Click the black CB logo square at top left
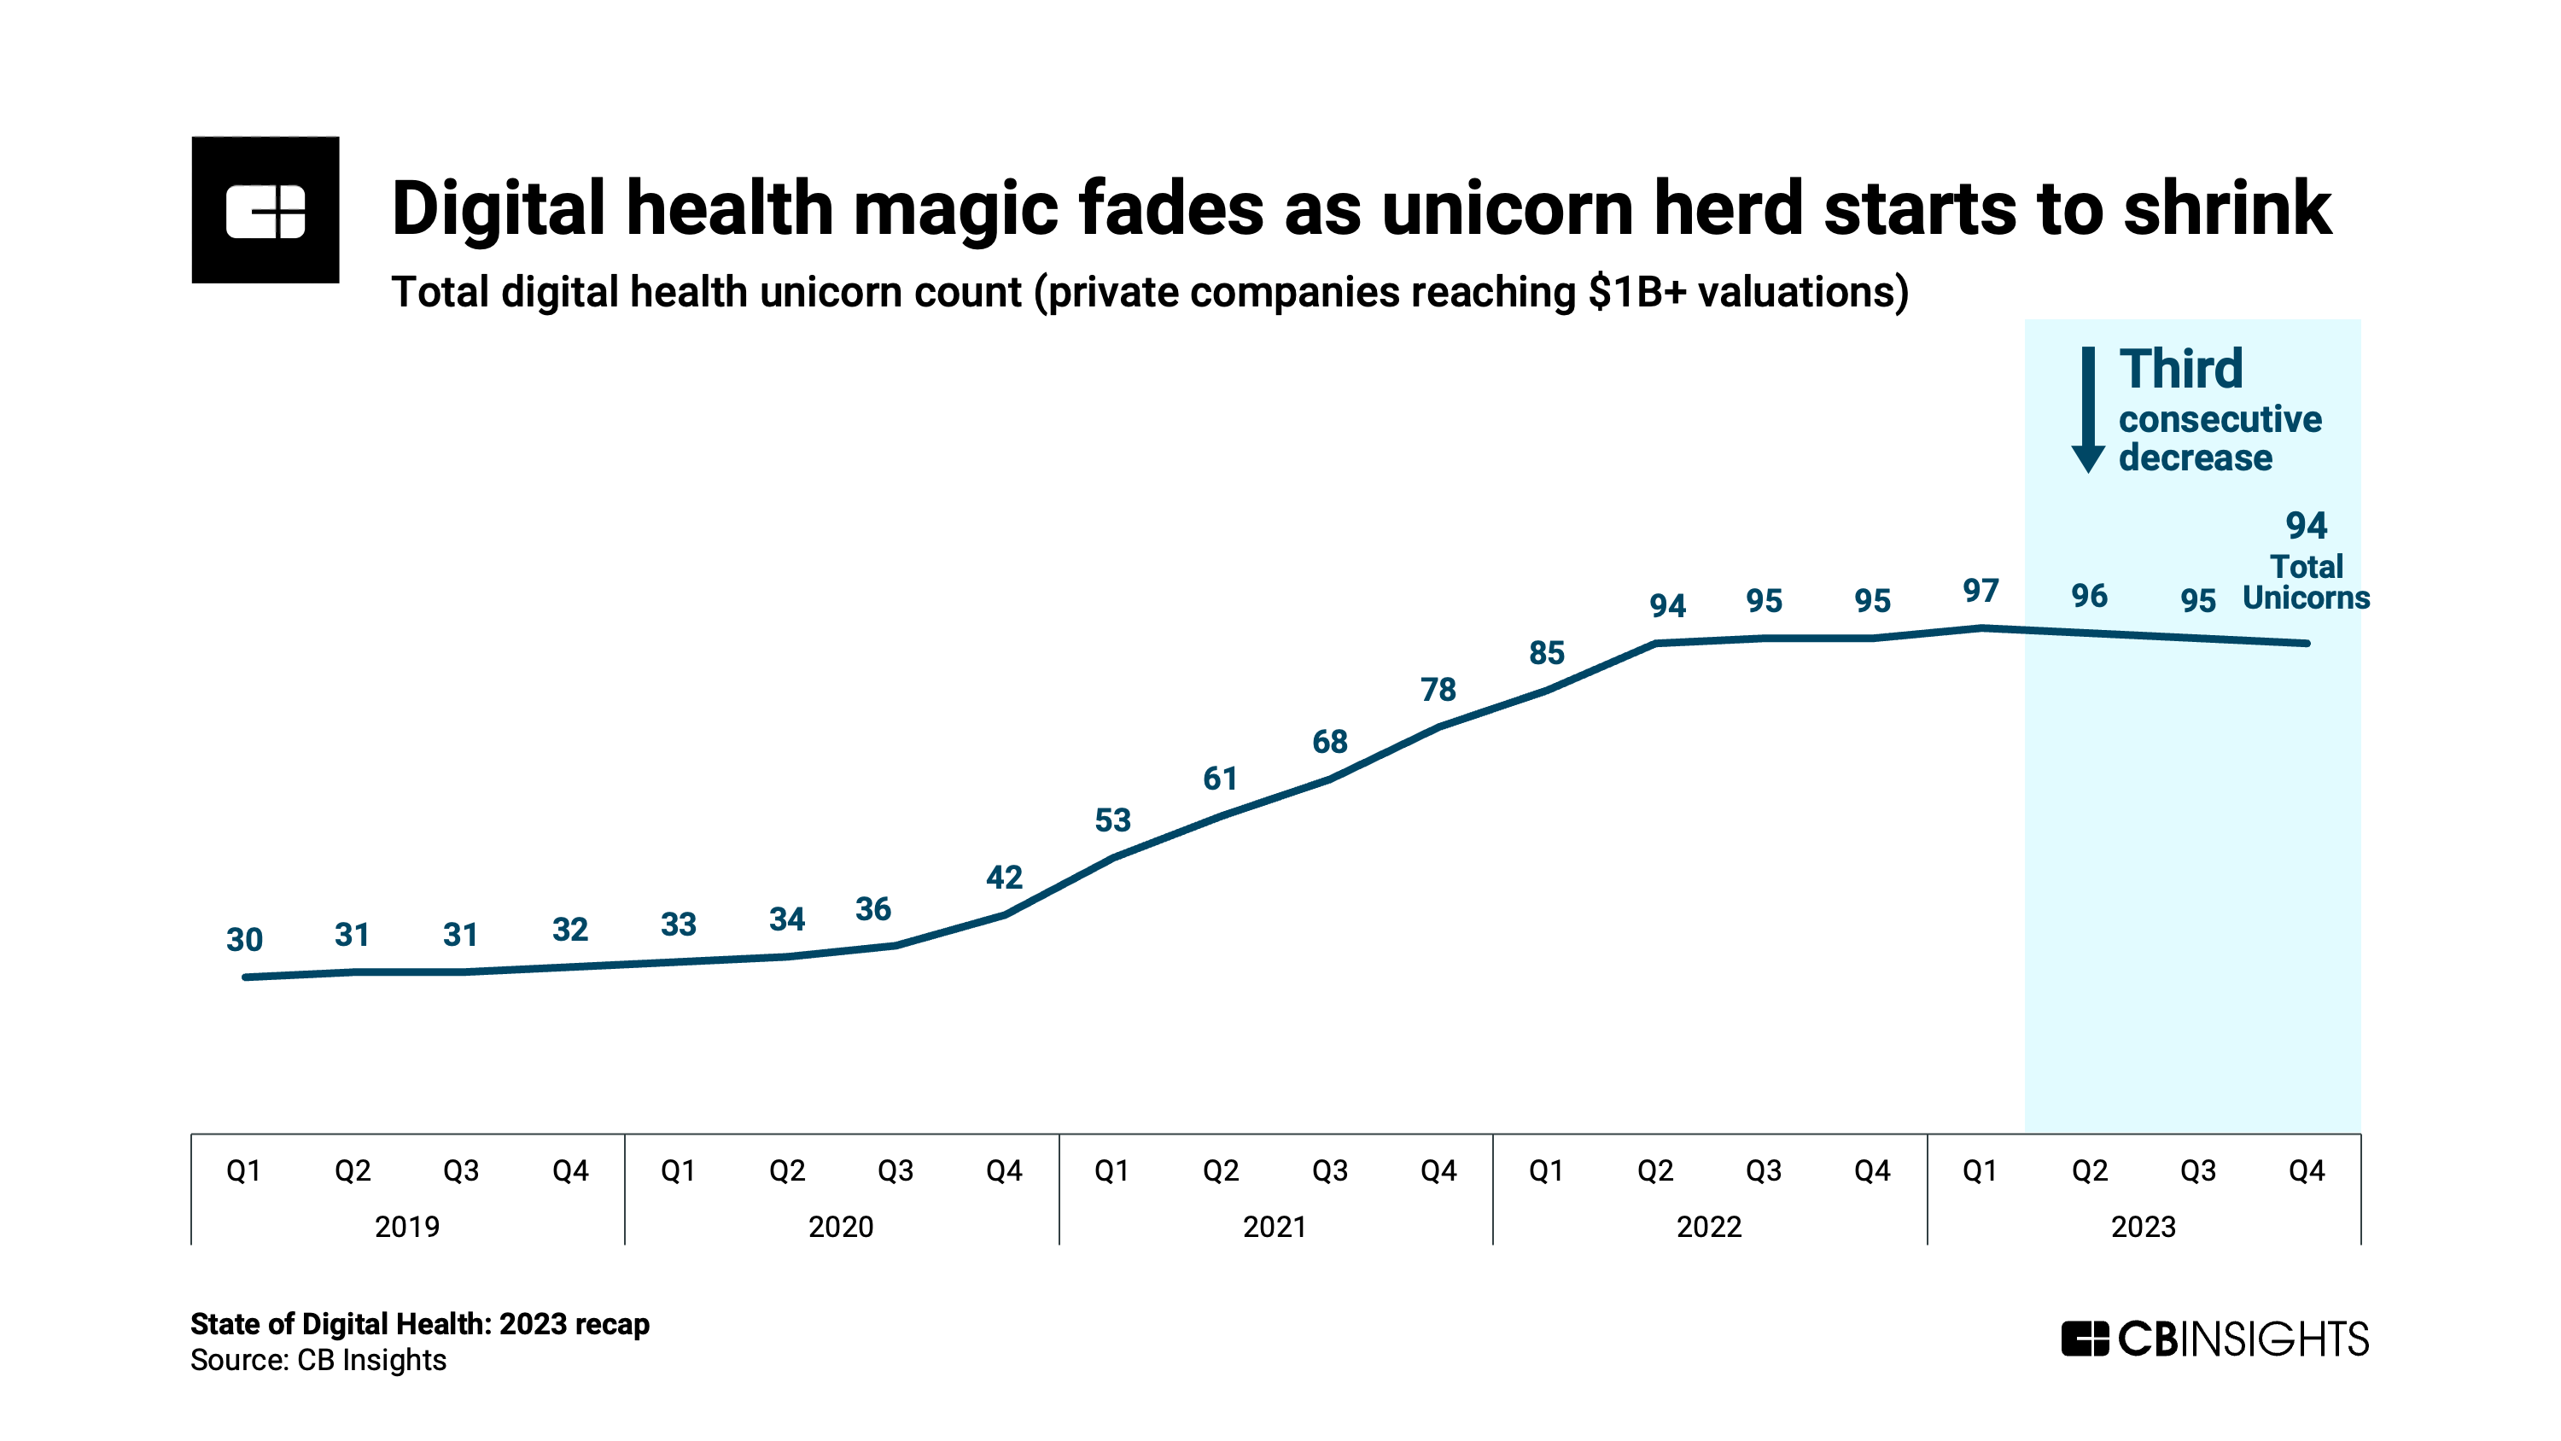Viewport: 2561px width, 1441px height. [265, 210]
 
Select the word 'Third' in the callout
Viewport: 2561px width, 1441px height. [2180, 369]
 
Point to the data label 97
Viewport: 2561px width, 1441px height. [1980, 591]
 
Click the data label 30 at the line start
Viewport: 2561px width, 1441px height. [244, 939]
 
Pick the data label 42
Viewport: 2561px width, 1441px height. [1003, 877]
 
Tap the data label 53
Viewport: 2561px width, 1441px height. [1112, 820]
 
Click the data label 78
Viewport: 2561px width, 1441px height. [1438, 689]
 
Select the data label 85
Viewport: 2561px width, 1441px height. [1546, 652]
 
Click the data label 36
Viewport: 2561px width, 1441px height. [873, 908]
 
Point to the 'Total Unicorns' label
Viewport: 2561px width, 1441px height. [2306, 581]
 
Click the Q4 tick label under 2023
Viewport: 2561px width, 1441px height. [2306, 1170]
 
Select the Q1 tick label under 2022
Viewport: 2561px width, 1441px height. [1546, 1170]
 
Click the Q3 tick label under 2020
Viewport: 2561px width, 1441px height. [895, 1170]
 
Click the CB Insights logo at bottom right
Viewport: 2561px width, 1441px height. [2214, 1339]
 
